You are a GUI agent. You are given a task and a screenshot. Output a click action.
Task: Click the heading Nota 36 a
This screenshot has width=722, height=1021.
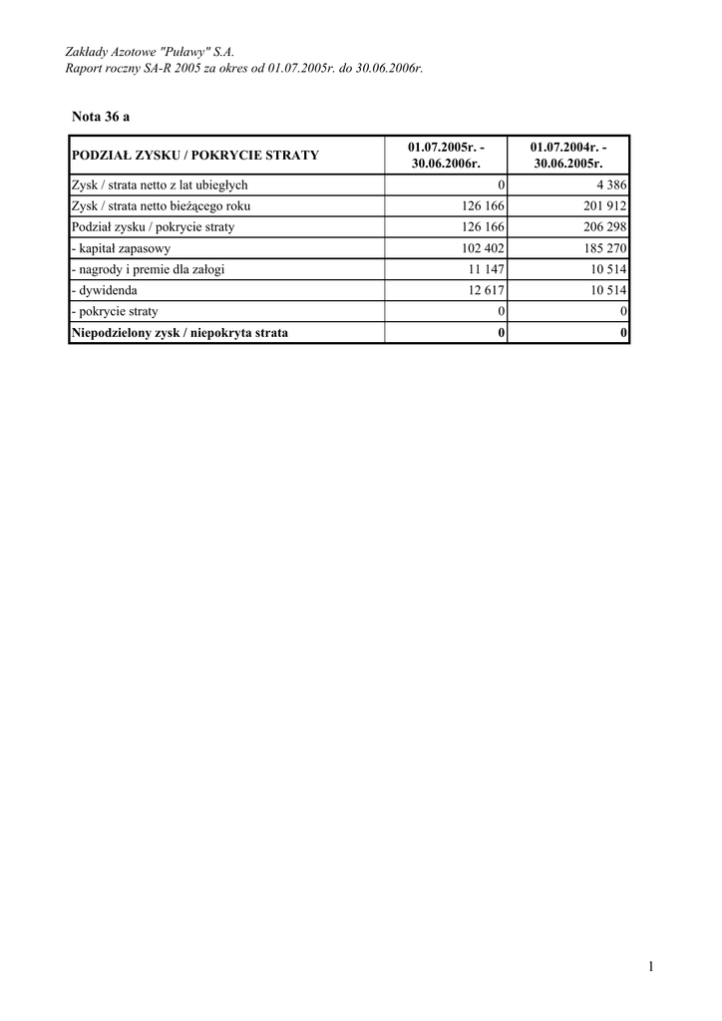(101, 117)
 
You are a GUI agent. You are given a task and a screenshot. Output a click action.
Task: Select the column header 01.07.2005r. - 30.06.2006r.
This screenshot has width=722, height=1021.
(446, 155)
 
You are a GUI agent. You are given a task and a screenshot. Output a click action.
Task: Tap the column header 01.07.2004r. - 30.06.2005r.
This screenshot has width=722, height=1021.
(568, 155)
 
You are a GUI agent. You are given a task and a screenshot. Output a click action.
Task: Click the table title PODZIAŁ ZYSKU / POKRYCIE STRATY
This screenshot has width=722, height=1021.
(195, 156)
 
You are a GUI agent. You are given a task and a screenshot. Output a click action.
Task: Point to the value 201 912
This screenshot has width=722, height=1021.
(602, 206)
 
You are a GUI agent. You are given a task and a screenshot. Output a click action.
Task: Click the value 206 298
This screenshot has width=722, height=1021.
(602, 227)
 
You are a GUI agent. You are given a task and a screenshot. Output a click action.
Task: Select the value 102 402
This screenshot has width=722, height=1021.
(480, 248)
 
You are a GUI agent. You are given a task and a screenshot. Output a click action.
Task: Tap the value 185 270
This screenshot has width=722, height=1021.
(602, 248)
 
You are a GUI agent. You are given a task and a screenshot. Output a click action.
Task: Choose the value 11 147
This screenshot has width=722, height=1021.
(484, 270)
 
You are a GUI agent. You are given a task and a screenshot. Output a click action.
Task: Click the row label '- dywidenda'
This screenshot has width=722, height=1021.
(105, 291)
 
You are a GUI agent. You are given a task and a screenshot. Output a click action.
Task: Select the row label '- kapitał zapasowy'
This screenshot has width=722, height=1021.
(121, 248)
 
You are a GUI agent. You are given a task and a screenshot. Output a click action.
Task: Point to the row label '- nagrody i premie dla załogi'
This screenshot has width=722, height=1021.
(148, 270)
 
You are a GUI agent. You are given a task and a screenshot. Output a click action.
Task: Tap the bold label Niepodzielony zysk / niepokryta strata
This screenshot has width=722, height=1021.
(180, 333)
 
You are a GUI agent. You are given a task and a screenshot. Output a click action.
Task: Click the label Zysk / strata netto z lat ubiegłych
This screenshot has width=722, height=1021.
(160, 185)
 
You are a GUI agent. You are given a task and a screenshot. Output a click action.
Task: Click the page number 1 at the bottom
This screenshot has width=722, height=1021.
(649, 965)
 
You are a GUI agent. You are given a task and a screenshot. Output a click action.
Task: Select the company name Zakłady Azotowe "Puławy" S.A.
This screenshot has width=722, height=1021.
(150, 50)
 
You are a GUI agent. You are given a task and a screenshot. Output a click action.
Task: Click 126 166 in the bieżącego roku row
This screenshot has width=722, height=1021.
(480, 206)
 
